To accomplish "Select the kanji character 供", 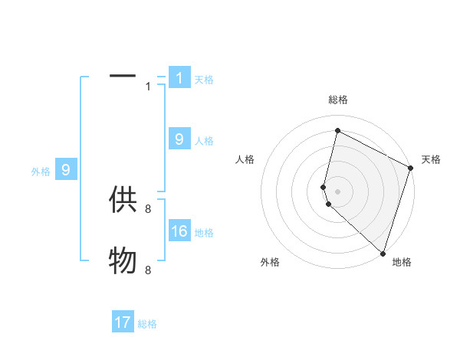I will click(123, 200).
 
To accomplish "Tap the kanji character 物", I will click(123, 261).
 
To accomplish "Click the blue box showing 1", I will click(179, 77).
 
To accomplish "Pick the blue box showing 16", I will click(179, 231).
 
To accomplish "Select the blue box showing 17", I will click(123, 322).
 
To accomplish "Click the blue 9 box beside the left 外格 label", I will click(66, 170).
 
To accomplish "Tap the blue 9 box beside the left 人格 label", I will click(179, 139).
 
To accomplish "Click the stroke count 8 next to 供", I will click(148, 208).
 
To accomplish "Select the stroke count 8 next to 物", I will click(148, 270).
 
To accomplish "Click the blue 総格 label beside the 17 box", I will click(147, 324).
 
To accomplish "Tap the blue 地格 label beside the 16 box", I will click(204, 233).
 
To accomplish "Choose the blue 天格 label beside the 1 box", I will click(204, 79).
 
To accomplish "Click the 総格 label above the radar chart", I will click(338, 100).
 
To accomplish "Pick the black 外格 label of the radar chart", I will click(270, 262).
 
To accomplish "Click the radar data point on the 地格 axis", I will click(382, 253).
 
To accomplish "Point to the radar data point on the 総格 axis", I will click(337, 130).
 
